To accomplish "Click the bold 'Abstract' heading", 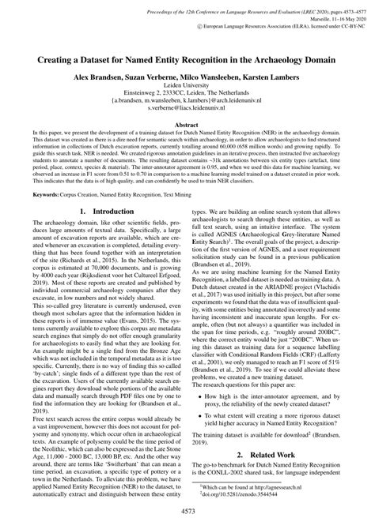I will tap(187, 123).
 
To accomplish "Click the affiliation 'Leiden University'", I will tap(187, 91).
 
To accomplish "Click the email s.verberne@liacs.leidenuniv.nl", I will tap(187, 110).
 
